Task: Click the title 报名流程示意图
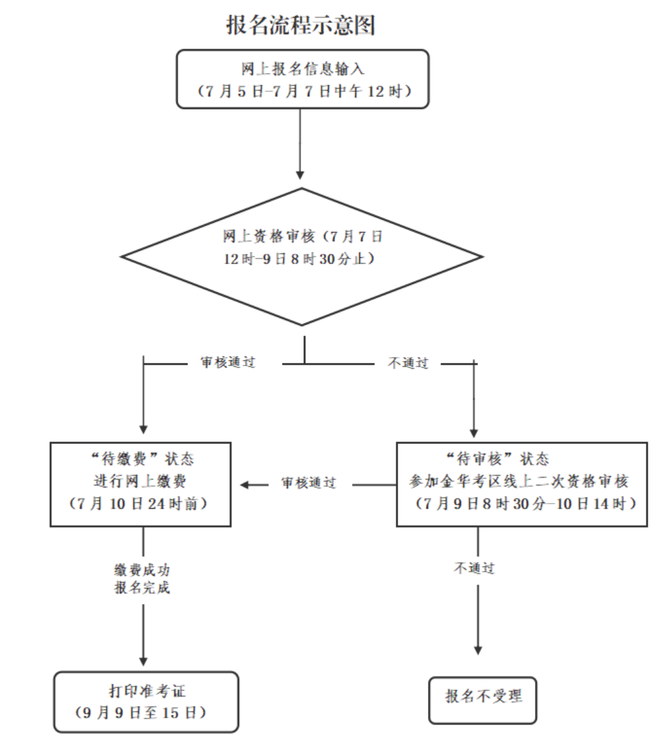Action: pyautogui.click(x=301, y=25)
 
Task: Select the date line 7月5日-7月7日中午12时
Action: pyautogui.click(x=302, y=91)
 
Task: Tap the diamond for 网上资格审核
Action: pyautogui.click(x=302, y=257)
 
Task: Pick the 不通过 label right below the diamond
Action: pyautogui.click(x=408, y=363)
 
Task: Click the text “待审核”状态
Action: pyautogui.click(x=497, y=459)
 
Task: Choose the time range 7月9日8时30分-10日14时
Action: pyautogui.click(x=522, y=503)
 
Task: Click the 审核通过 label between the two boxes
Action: pyautogui.click(x=308, y=483)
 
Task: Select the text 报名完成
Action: pyautogui.click(x=141, y=589)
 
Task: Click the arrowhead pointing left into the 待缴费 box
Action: pyautogui.click(x=245, y=484)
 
